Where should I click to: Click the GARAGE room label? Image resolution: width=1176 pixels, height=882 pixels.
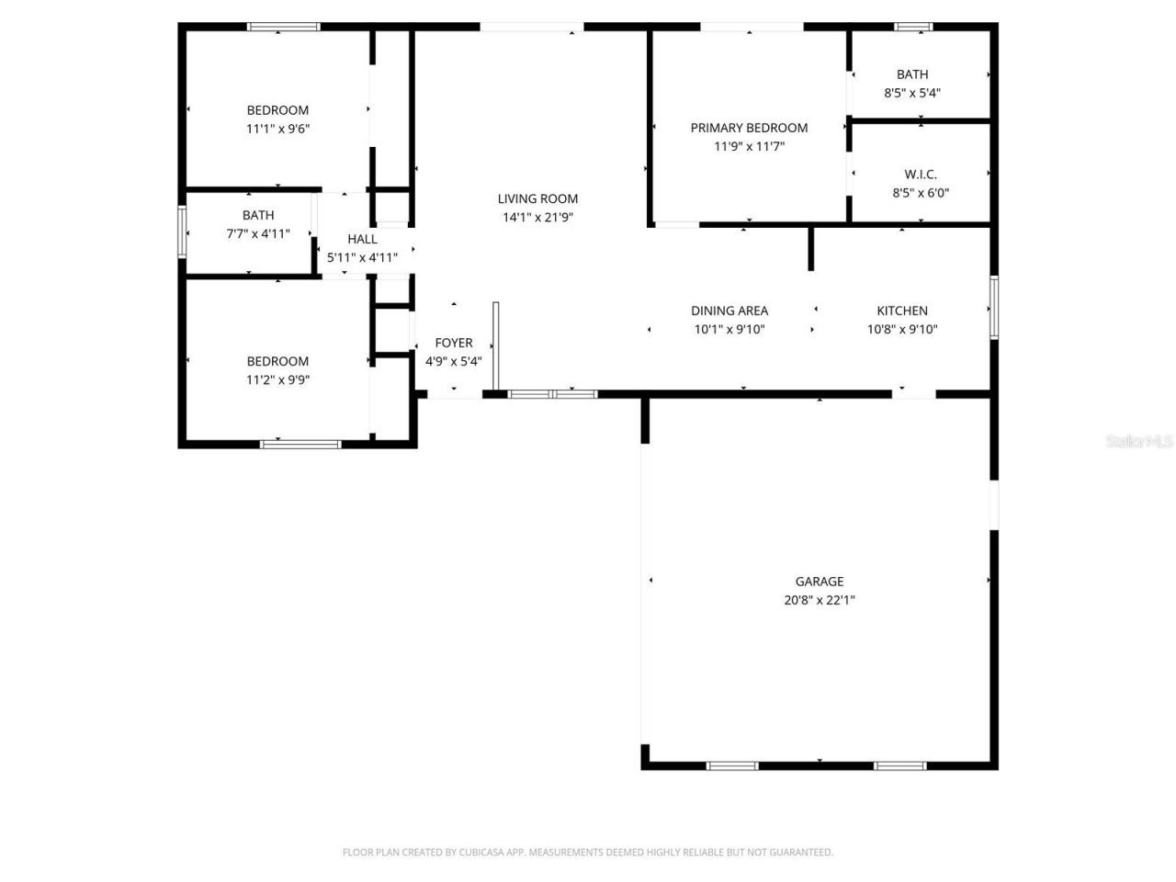(819, 581)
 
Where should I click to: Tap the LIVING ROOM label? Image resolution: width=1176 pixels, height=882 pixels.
(537, 198)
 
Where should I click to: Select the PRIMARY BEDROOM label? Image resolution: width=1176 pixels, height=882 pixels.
(749, 128)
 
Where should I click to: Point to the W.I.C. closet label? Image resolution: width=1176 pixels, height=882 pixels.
(921, 175)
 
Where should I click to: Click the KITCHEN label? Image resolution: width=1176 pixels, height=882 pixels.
(902, 311)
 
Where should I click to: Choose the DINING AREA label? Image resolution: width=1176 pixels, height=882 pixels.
(729, 311)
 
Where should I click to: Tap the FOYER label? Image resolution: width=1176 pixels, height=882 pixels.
(454, 343)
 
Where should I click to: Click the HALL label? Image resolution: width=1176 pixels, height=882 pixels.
(362, 239)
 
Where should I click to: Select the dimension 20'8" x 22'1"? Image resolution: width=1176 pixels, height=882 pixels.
(819, 600)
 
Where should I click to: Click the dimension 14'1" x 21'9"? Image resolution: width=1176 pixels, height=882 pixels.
(537, 218)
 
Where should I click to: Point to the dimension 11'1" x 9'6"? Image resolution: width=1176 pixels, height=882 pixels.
(277, 129)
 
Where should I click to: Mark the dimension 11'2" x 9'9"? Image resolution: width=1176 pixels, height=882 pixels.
(277, 379)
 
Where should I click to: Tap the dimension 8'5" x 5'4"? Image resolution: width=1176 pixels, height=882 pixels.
(912, 93)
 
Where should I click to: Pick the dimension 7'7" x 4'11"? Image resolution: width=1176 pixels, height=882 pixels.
(258, 233)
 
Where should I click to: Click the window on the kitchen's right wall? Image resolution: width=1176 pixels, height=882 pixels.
(994, 308)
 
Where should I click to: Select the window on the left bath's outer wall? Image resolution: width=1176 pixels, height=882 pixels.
(182, 232)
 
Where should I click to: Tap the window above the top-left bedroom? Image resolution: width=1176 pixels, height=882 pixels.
(284, 27)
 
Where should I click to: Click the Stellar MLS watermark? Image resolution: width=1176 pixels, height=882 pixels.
(1139, 442)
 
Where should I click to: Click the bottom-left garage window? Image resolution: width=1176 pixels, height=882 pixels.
(732, 765)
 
